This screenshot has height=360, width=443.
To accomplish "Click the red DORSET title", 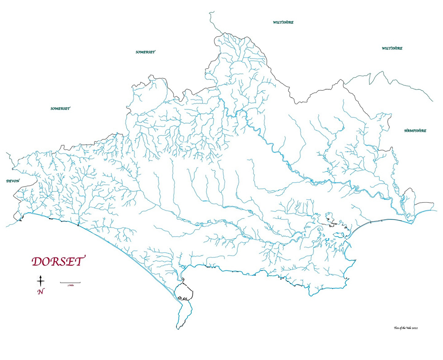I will (57, 262).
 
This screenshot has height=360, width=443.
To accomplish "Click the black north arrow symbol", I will (40, 281).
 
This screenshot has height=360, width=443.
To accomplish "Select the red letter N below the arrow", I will (40, 292).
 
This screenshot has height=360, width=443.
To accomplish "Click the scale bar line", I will (70, 282).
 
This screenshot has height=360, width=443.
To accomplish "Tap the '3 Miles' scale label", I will (70, 285).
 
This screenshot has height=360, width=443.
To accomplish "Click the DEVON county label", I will (13, 181).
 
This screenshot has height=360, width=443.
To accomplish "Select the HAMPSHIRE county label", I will (415, 131).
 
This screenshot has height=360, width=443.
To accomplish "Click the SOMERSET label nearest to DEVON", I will (60, 109).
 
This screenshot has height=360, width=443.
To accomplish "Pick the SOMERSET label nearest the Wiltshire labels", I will (145, 52).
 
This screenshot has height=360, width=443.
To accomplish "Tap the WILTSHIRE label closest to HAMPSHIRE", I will (392, 48).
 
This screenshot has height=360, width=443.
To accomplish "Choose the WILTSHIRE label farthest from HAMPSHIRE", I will (283, 22).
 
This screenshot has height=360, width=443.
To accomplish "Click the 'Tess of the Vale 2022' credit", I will (405, 328).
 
